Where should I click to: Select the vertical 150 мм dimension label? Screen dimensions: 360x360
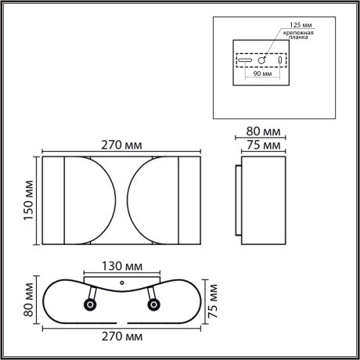pos(29,201)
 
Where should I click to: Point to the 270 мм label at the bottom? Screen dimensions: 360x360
pos(121,337)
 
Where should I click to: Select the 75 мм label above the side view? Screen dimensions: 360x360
pos(262,146)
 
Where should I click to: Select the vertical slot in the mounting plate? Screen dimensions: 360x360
pos(280,60)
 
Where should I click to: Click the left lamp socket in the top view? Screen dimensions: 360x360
pos(92,304)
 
